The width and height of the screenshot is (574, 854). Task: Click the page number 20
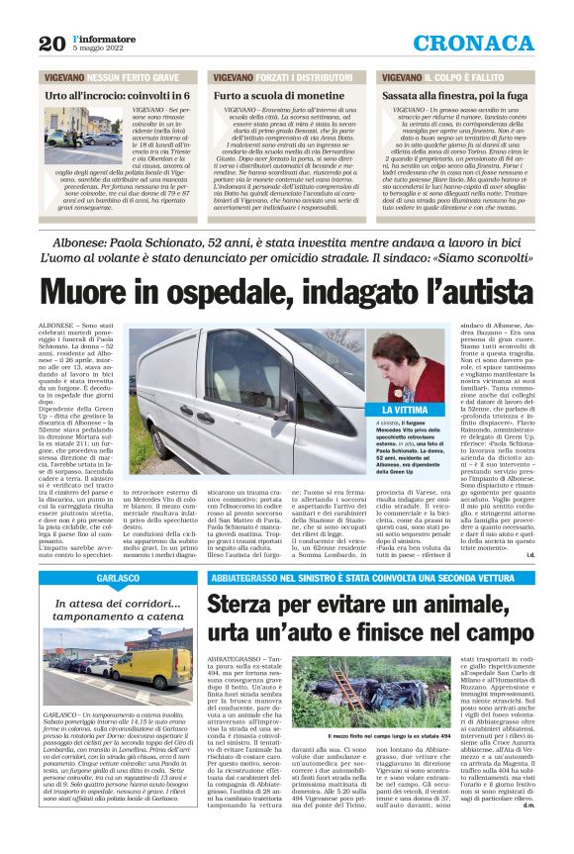click(51, 43)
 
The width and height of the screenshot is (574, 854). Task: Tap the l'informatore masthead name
click(103, 37)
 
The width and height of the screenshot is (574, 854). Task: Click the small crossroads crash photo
click(80, 131)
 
